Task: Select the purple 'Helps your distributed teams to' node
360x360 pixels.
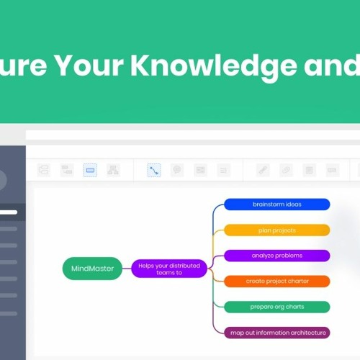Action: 168,269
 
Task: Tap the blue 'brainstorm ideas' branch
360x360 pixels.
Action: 277,204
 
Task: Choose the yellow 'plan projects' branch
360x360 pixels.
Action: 277,230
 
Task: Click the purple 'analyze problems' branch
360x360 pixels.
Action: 277,256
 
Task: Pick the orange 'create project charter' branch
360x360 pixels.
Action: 277,281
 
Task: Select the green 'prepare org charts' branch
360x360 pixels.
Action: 277,307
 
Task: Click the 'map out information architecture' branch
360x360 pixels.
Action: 277,332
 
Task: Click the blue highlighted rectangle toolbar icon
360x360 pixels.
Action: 90,171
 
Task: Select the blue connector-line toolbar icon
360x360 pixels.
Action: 154,171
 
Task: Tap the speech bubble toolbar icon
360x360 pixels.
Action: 177,171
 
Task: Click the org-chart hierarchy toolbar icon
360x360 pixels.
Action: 113,171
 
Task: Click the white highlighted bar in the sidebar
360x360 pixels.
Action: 9,212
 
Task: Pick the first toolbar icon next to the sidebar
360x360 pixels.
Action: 44,171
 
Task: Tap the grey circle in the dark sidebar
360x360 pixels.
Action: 2,180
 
